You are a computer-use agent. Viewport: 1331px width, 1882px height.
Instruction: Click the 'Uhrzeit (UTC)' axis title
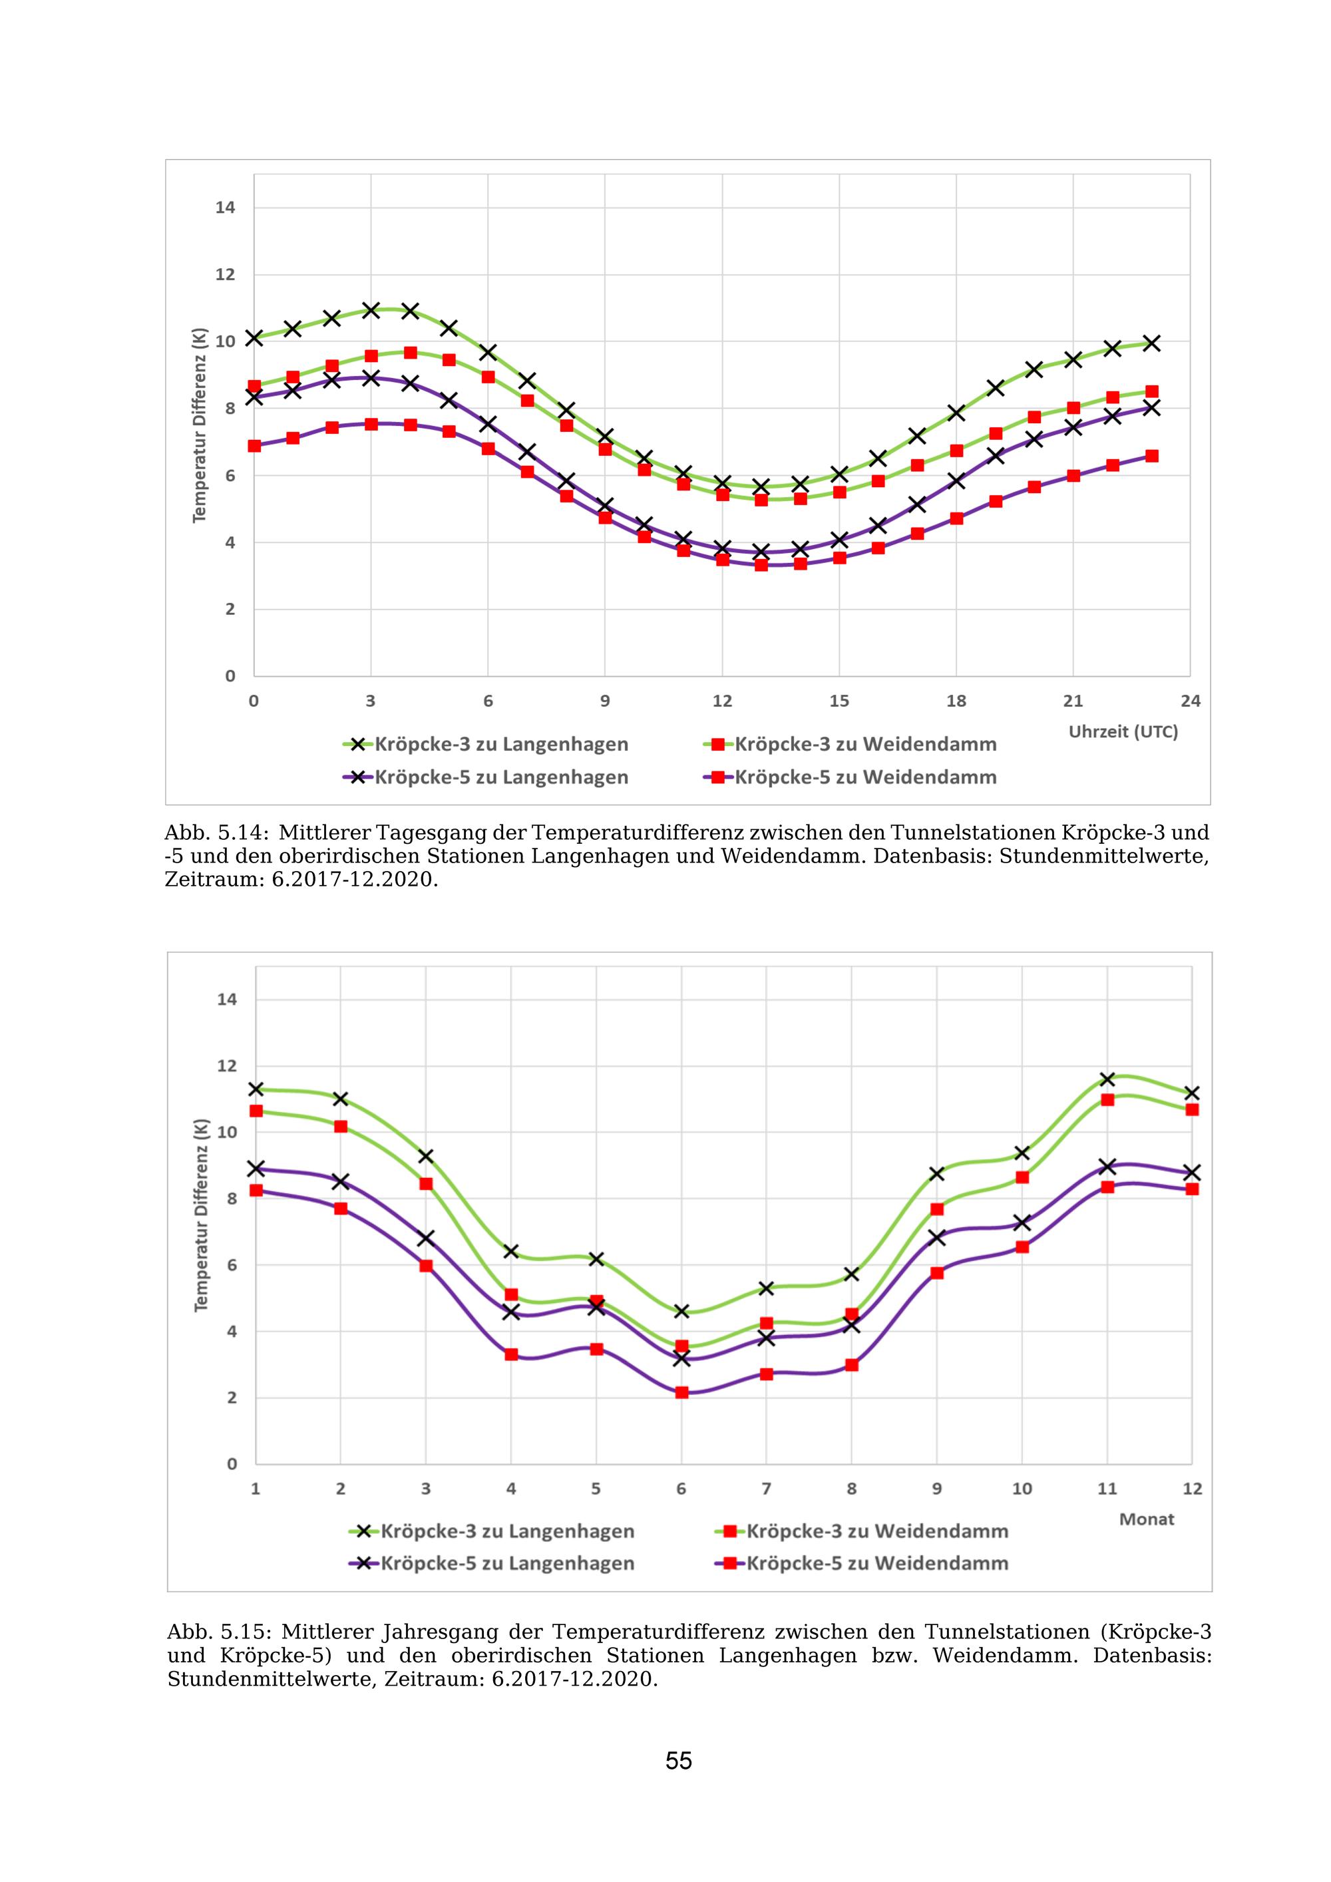tap(1123, 732)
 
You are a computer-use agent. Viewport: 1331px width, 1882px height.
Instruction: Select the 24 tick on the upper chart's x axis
tap(1190, 701)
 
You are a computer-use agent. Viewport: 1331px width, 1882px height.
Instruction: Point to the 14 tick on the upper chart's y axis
tap(226, 208)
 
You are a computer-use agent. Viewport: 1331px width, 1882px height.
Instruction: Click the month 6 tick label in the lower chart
tap(681, 1489)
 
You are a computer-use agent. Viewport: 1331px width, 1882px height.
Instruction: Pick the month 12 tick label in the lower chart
tap(1192, 1489)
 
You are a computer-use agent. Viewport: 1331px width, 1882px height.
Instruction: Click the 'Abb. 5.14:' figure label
tap(216, 833)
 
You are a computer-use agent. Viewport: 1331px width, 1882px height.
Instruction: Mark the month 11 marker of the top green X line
tap(1107, 1079)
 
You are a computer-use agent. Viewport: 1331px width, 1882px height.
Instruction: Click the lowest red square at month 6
tap(681, 1392)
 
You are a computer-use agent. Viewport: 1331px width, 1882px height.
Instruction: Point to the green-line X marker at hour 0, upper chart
tap(254, 337)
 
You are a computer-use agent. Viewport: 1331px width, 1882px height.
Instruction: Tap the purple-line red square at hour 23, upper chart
tap(1151, 456)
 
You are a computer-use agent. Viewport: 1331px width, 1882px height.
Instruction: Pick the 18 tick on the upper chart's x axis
tap(956, 701)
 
